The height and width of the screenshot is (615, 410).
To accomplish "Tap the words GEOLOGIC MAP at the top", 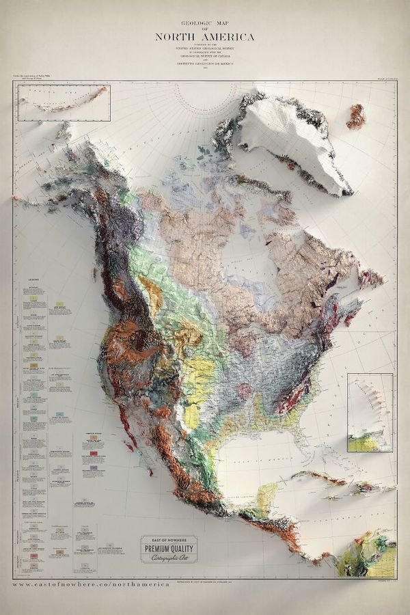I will tap(205, 22).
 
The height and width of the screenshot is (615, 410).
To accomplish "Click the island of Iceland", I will tap(355, 115).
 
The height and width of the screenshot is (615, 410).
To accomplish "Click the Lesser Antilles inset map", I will tap(370, 413).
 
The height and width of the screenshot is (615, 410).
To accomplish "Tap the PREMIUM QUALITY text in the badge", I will tap(169, 548).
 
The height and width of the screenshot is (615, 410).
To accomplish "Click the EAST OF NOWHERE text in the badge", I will tap(169, 539).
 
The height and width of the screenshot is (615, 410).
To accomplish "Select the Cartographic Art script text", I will tap(169, 558).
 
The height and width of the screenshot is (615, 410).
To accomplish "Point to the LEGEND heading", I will tap(33, 279).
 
